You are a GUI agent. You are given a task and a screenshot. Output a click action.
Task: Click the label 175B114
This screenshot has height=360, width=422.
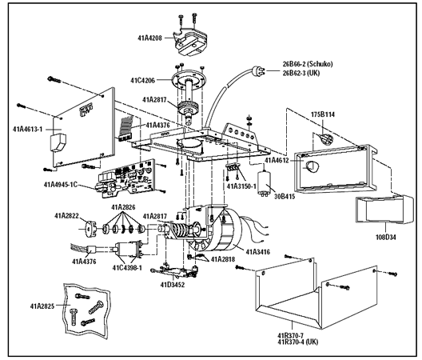(x=324, y=114)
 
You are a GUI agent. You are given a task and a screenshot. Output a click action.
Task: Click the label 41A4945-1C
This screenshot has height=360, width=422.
(x=66, y=185)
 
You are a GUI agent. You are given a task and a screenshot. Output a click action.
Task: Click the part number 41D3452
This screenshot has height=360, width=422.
(x=173, y=283)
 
